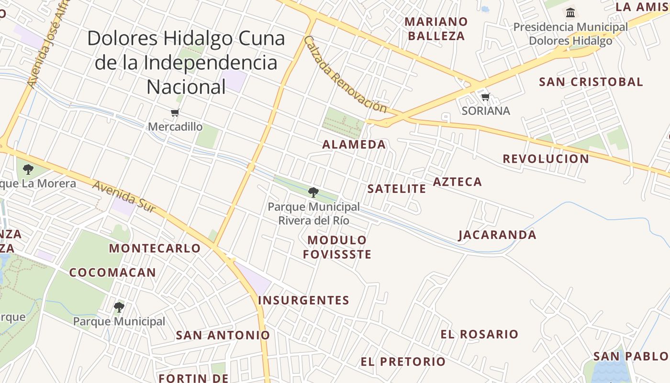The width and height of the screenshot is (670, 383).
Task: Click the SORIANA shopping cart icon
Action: tap(486, 97)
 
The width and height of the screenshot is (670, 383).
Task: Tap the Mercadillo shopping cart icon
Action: tap(175, 113)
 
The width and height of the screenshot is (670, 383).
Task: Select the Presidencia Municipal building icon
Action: tap(570, 12)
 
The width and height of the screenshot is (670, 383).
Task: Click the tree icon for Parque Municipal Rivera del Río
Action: tap(313, 192)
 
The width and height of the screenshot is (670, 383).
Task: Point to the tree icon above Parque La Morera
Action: tap(28, 169)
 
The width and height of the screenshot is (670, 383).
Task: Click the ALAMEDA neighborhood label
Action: tap(354, 145)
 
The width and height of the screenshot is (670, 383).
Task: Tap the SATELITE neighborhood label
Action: tap(396, 189)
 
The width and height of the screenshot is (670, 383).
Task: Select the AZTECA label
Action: tap(457, 182)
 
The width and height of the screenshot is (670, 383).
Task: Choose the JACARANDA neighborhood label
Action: tap(497, 235)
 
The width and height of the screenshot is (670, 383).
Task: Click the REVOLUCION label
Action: tap(546, 159)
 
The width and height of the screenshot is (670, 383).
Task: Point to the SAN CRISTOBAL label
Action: tap(591, 82)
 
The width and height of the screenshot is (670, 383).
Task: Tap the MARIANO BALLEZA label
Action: tap(435, 29)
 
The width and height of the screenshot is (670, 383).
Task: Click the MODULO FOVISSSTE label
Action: tap(337, 247)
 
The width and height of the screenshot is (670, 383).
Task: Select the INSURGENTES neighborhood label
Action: tap(303, 301)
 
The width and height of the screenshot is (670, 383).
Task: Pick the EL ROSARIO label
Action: tap(479, 334)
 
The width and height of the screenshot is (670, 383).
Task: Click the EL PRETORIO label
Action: tap(403, 361)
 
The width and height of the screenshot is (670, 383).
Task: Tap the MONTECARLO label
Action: tap(155, 248)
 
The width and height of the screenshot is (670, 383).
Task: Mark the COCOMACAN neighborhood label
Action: tap(112, 273)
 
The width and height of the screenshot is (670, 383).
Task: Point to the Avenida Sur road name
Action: tap(124, 196)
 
